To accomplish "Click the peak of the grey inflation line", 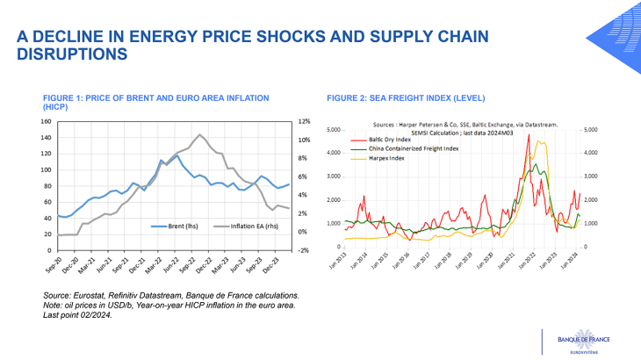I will [200, 134].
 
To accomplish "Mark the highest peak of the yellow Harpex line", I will [539, 141].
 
